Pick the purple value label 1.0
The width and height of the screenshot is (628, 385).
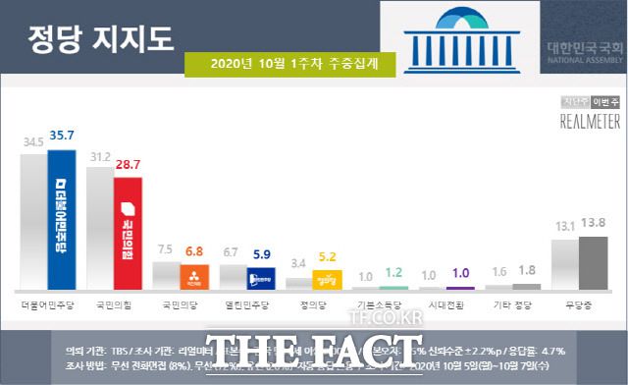pyautogui.click(x=459, y=273)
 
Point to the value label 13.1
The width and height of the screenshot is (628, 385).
pyautogui.click(x=564, y=225)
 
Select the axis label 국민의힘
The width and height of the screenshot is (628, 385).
pyautogui.click(x=114, y=305)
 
